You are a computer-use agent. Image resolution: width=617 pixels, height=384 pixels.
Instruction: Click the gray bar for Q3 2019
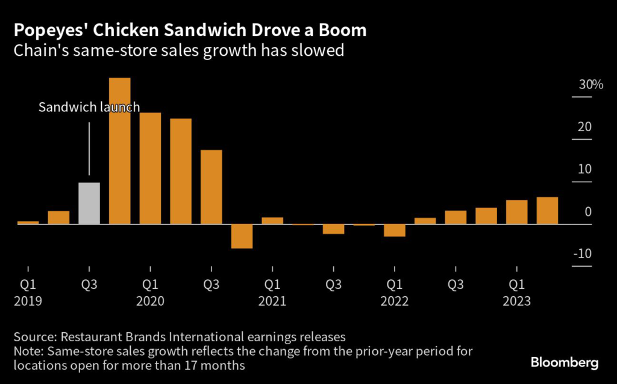[89, 203]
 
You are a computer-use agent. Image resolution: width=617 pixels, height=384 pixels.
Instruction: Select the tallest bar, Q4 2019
[120, 151]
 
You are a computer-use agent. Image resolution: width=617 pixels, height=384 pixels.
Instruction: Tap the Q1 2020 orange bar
[150, 169]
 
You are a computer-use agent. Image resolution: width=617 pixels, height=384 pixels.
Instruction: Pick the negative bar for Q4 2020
[242, 236]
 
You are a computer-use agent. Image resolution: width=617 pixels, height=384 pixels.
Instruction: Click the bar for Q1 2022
[394, 231]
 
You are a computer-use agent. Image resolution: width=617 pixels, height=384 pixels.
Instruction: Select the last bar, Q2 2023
[547, 211]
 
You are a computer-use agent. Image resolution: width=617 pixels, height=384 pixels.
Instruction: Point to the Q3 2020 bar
[211, 187]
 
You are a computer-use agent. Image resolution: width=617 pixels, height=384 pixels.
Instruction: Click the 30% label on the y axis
[591, 85]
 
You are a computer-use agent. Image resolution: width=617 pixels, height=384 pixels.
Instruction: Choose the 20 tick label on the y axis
[584, 127]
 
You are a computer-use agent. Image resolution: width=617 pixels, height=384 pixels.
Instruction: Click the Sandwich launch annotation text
[89, 108]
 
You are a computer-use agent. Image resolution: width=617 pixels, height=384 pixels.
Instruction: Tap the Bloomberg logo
[564, 362]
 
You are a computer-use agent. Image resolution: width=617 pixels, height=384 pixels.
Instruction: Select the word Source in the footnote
[36, 336]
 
